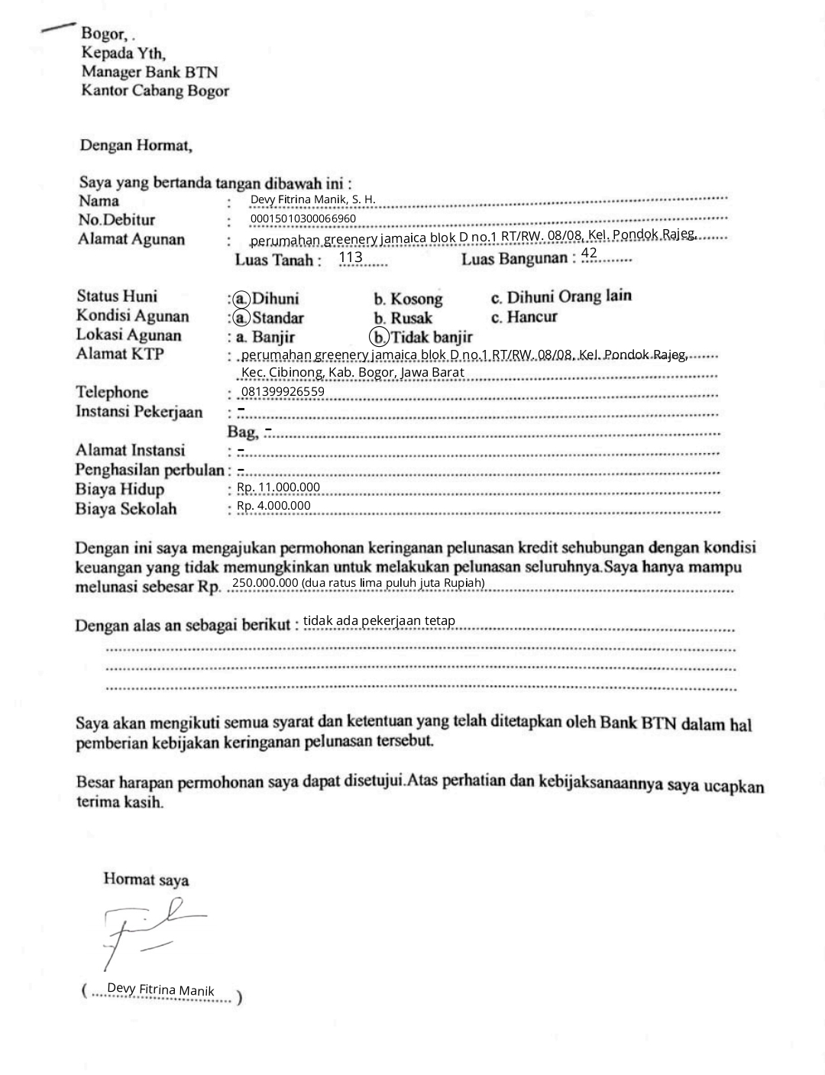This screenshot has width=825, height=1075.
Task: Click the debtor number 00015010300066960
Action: [x=303, y=219]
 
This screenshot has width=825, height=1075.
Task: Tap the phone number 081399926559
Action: [x=283, y=392]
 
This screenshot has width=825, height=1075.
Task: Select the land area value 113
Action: [x=351, y=257]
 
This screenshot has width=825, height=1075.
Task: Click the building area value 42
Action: [x=589, y=253]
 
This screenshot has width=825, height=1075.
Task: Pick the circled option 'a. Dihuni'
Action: [x=267, y=298]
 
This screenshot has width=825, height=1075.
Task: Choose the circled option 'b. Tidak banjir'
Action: [x=422, y=337]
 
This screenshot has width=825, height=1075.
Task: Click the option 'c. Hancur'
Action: [x=524, y=316]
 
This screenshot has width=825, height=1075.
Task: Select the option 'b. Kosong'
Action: [x=408, y=299]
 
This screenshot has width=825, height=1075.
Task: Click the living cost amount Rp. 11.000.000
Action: [x=278, y=487]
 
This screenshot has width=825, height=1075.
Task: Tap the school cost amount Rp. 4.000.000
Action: [x=273, y=506]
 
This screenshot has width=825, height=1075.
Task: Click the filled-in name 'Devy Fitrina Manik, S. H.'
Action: [x=312, y=199]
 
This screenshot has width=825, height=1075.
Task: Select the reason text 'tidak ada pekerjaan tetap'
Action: [x=379, y=620]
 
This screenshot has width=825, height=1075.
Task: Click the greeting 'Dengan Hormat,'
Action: [x=136, y=144]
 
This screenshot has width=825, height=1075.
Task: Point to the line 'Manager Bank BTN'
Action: [x=150, y=72]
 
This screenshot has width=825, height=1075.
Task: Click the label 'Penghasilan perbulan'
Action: [x=150, y=469]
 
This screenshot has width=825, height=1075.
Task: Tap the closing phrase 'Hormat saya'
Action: [x=146, y=879]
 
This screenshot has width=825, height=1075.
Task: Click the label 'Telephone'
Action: [x=112, y=392]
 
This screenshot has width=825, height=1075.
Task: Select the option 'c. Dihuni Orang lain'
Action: [x=561, y=296]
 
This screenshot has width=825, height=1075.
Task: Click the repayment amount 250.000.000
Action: [x=265, y=583]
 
